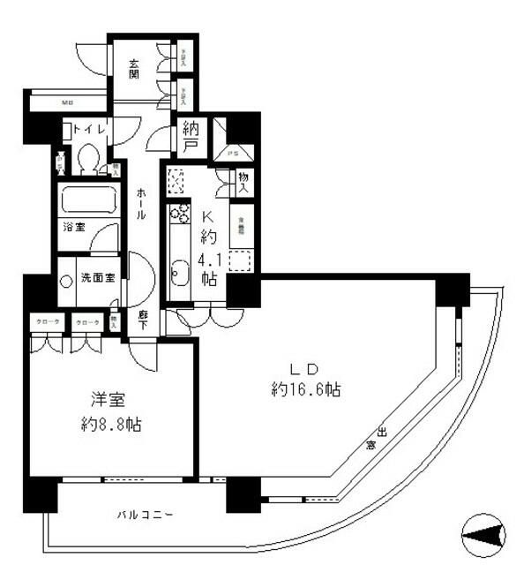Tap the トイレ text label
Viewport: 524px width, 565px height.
pyautogui.click(x=90, y=130)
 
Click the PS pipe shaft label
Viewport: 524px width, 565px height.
pyautogui.click(x=233, y=151)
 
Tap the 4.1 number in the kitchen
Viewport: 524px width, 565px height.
pyautogui.click(x=208, y=260)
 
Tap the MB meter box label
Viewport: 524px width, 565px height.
pyautogui.click(x=67, y=102)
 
